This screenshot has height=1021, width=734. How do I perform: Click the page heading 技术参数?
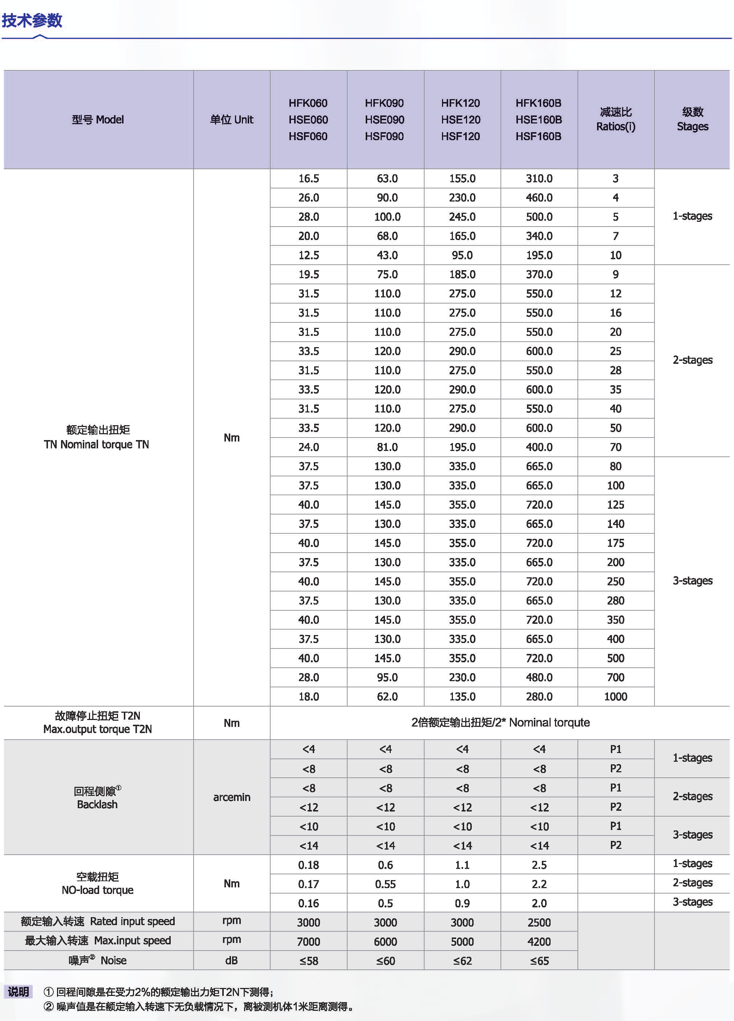point(32,20)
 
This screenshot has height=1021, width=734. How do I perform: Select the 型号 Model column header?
point(98,120)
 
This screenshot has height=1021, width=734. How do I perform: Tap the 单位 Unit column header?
point(231,120)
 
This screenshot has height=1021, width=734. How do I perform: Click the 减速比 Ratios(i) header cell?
point(616,119)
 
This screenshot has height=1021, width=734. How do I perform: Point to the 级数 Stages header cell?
point(692,119)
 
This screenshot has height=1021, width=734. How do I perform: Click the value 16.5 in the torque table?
point(308,179)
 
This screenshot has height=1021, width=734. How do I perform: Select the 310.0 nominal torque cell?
point(539,179)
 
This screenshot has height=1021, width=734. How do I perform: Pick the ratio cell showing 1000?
point(616,696)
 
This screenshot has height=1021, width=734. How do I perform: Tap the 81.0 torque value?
point(387,447)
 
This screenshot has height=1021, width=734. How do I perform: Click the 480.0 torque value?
point(539,678)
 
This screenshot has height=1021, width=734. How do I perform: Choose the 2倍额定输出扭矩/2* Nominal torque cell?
point(500,723)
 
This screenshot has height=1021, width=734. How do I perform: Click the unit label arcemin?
point(231,797)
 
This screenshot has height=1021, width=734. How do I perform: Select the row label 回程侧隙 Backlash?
point(97,798)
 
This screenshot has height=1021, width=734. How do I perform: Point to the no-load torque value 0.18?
point(308,865)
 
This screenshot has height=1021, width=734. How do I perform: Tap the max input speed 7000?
point(308,942)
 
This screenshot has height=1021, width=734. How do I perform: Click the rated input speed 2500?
point(539,922)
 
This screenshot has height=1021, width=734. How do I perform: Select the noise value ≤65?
point(539,961)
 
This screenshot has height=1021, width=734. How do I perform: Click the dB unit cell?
point(231,961)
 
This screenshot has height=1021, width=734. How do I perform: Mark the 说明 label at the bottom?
point(19,992)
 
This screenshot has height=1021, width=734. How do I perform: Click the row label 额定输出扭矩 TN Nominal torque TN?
point(97,437)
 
